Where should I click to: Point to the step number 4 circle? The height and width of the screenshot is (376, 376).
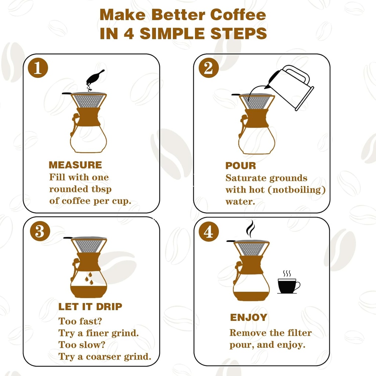click(209, 232)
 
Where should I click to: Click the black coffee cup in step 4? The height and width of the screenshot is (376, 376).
click(288, 286)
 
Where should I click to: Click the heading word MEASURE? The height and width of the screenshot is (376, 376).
click(75, 165)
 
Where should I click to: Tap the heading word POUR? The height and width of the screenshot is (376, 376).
click(241, 166)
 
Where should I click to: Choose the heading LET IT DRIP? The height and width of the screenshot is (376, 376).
click(90, 307)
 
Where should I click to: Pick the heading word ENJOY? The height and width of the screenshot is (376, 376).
click(249, 318)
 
